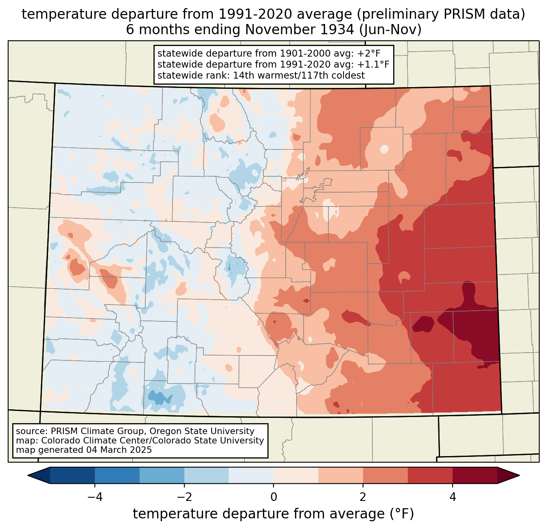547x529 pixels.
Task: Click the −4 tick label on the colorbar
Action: (95, 497)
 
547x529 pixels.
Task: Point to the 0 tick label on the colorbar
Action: (273, 497)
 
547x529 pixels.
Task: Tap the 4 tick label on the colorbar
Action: (452, 497)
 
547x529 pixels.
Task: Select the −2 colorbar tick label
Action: (184, 497)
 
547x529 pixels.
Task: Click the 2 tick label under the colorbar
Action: (363, 497)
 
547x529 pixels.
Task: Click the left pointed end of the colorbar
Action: (28, 476)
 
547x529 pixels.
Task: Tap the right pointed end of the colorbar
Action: (519, 476)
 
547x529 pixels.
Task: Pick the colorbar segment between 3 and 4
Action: (430, 476)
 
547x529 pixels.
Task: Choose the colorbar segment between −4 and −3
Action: (117, 476)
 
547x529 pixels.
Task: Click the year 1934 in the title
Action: (340, 30)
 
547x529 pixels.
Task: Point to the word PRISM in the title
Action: (458, 14)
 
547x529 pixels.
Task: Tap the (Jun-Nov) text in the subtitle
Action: (390, 30)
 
